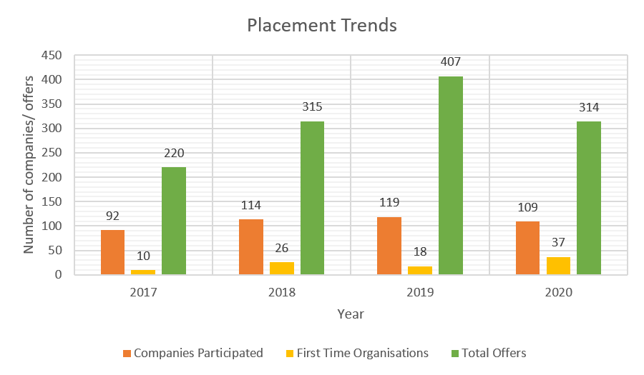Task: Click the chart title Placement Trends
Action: [x=321, y=26]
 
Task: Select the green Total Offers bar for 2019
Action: [x=450, y=176]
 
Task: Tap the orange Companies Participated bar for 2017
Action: [x=112, y=252]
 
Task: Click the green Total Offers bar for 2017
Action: [x=173, y=221]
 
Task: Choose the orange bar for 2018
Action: [x=250, y=247]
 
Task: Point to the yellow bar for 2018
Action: [x=281, y=268]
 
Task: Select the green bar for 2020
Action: [x=588, y=198]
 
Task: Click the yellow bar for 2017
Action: [x=143, y=271]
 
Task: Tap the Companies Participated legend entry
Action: [x=192, y=353]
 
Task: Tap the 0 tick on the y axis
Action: [x=58, y=274]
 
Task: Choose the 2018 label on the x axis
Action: [x=281, y=292]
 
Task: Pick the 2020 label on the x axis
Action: [x=558, y=292]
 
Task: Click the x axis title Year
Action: [x=351, y=314]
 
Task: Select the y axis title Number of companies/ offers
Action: [x=30, y=165]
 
